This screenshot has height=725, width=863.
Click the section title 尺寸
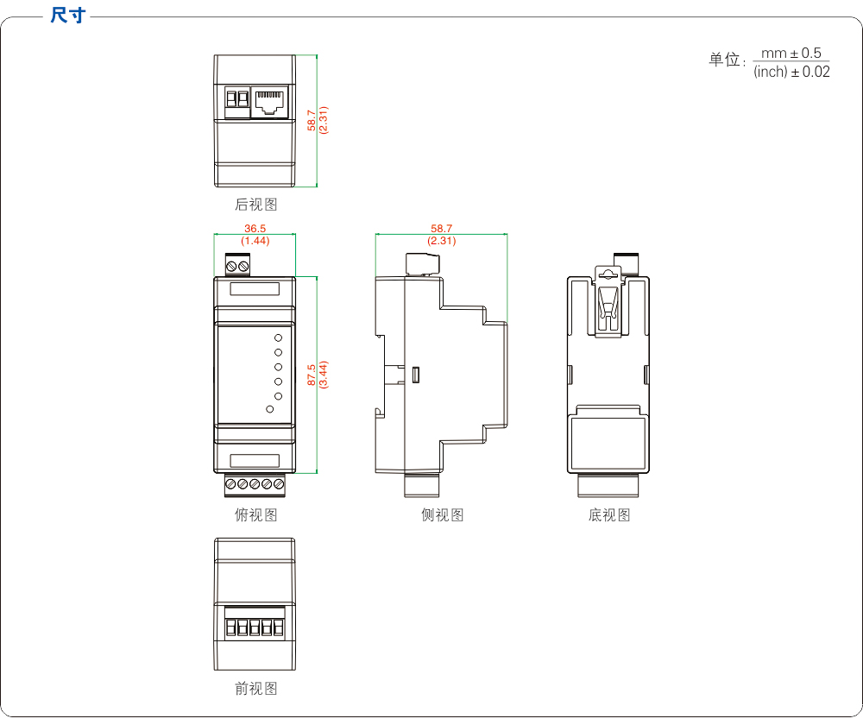pos(68,16)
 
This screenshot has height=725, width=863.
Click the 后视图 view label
pos(256,205)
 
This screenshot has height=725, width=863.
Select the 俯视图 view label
pos(256,515)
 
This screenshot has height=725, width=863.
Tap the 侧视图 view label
pos(443,515)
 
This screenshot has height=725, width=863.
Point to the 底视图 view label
pos(609,515)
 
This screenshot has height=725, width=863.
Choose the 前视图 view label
pos(256,689)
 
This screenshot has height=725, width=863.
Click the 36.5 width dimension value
pos(255,229)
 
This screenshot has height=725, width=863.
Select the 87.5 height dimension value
pos(312,375)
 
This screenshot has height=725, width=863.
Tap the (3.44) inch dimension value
pos(324,375)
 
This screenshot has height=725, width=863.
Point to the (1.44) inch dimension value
pos(255,241)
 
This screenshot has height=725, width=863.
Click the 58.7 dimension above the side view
pos(442,229)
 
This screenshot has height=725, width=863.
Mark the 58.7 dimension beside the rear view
pos(312,120)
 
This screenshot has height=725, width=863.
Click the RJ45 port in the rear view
pos(268,102)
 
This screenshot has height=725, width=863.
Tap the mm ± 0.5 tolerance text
pos(791,54)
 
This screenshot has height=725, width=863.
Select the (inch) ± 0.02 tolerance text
pos(791,72)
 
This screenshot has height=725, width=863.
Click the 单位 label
pos(725,60)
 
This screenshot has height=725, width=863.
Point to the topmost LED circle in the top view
pos(279,337)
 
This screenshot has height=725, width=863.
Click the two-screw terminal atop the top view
pos(239,265)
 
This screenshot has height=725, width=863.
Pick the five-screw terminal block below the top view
pos(255,485)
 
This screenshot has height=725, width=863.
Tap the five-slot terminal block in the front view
pos(255,626)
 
